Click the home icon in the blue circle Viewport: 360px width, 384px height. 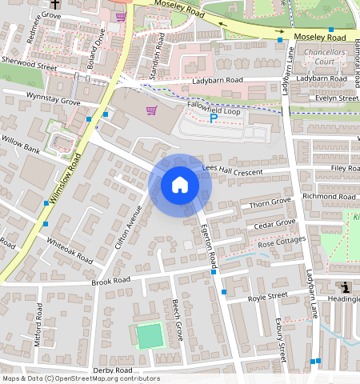180,185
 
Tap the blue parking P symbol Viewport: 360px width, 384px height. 213,118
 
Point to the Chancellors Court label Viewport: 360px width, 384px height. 323,57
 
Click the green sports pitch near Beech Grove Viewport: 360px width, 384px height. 149,335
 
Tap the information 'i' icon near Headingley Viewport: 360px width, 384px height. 345,287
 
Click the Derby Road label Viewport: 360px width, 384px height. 112,370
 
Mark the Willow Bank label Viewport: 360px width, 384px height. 21,149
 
